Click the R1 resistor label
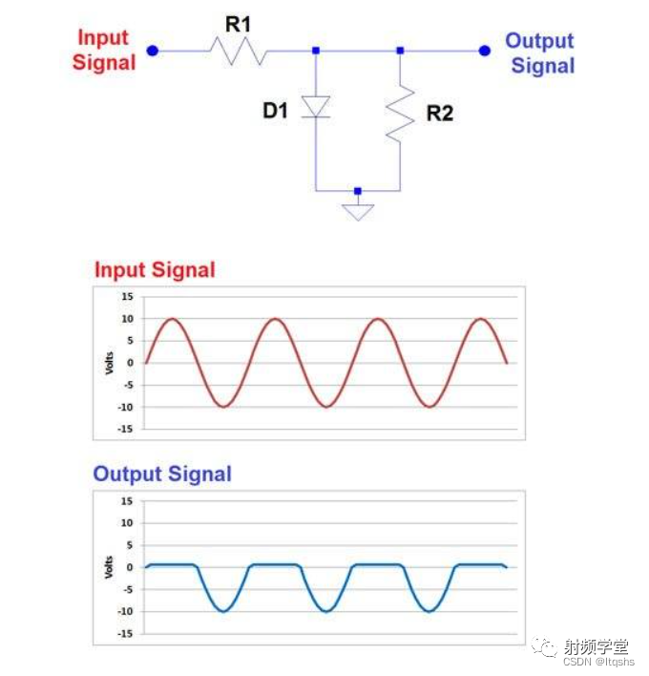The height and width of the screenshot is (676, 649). pyautogui.click(x=238, y=24)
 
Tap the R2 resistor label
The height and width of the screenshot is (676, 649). pyautogui.click(x=439, y=114)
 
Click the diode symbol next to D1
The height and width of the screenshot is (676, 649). pyautogui.click(x=316, y=106)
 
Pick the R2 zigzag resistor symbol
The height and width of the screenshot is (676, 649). pyautogui.click(x=400, y=113)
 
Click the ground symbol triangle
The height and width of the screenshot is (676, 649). pyautogui.click(x=358, y=211)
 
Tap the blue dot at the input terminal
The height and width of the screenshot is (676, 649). pyautogui.click(x=153, y=51)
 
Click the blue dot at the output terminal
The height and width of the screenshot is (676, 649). pyautogui.click(x=485, y=51)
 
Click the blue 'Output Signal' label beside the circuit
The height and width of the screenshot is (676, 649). pyautogui.click(x=540, y=53)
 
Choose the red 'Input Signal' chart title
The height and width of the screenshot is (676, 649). pyautogui.click(x=155, y=270)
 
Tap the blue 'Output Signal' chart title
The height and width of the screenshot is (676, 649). pyautogui.click(x=162, y=474)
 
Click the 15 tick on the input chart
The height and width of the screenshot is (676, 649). pyautogui.click(x=127, y=297)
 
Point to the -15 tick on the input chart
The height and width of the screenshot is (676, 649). pyautogui.click(x=125, y=429)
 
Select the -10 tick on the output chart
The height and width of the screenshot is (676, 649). pyautogui.click(x=125, y=611)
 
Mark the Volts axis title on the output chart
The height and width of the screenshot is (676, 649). pyautogui.click(x=110, y=567)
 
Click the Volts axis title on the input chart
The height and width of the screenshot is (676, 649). pyautogui.click(x=110, y=363)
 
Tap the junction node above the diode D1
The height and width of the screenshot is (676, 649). pyautogui.click(x=316, y=51)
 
